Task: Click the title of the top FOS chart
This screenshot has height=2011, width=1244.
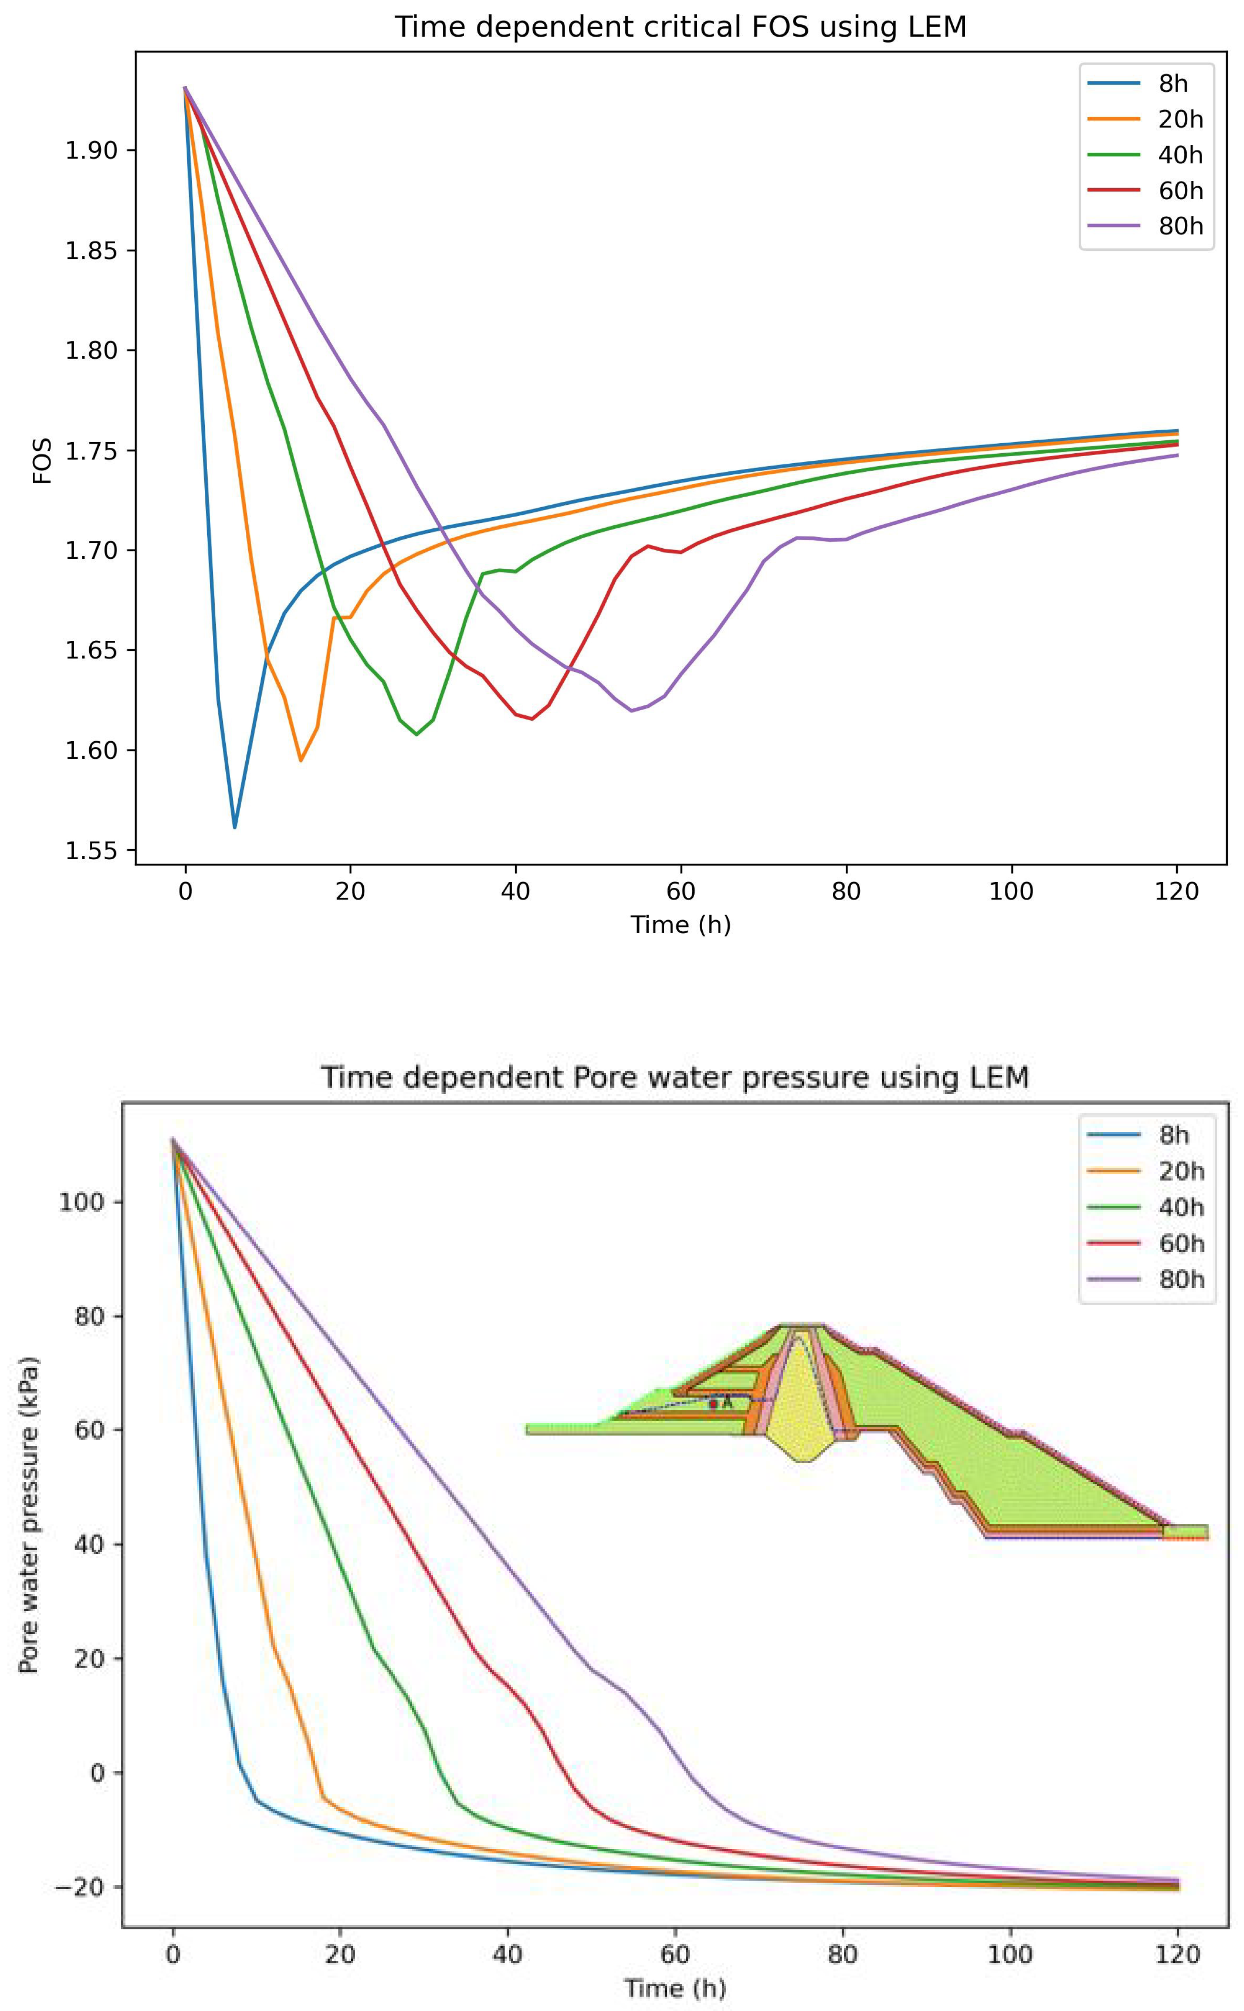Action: [x=680, y=27]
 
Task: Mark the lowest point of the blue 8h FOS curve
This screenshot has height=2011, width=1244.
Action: [x=234, y=827]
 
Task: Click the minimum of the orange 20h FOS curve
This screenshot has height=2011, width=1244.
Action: [x=300, y=760]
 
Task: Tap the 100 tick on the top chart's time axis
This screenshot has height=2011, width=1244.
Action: [x=1011, y=892]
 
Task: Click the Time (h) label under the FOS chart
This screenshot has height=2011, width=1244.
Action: [x=680, y=925]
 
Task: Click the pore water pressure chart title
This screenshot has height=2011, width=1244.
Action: [x=675, y=1077]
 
